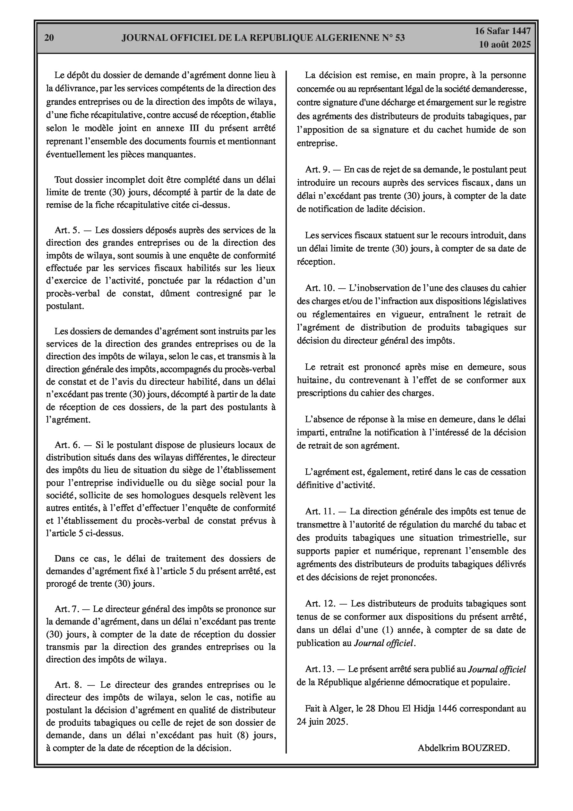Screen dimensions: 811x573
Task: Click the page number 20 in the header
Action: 49,38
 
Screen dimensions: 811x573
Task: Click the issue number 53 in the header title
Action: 400,38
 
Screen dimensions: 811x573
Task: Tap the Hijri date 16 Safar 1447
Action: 502,31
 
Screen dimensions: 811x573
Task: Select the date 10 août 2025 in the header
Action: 505,45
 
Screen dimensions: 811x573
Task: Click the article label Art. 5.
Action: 67,230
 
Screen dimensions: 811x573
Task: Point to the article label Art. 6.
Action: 67,445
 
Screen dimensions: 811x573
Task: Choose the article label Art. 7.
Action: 66,609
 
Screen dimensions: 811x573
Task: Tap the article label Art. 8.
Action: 67,685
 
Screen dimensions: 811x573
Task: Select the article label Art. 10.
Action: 320,288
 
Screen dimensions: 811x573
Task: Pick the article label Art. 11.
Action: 320,511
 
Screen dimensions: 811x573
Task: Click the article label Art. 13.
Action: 319,669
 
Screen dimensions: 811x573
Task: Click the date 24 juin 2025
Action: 322,722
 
